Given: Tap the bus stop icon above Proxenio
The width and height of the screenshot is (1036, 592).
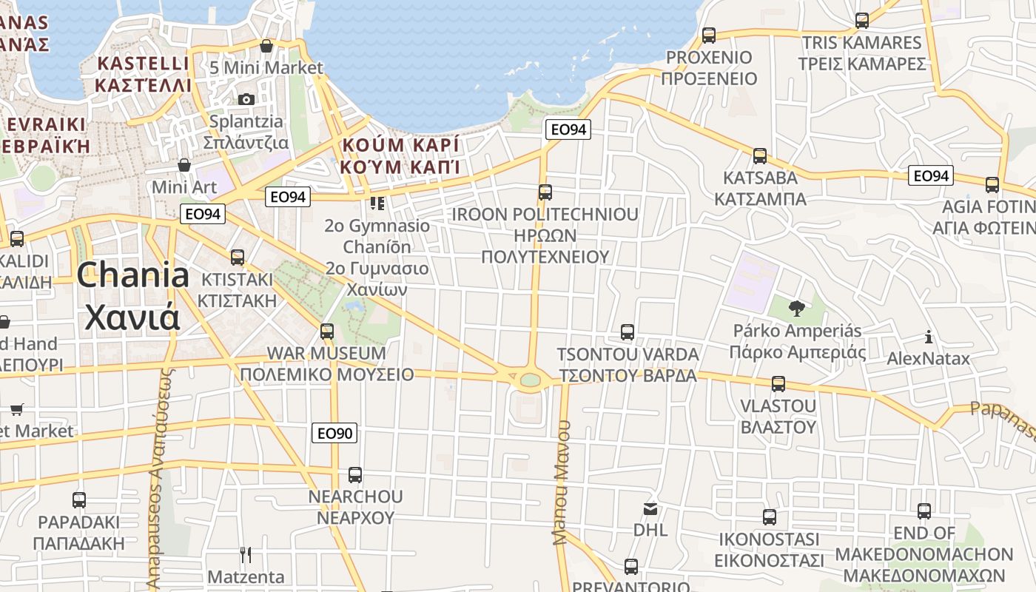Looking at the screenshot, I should tap(709, 35).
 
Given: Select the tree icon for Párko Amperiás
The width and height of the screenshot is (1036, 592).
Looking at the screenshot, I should tap(796, 308).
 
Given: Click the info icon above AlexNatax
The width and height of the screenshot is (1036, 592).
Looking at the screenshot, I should tap(929, 337).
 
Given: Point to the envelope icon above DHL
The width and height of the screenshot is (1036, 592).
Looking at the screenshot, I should tap(650, 508).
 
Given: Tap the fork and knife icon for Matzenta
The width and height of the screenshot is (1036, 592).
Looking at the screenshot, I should tap(246, 554).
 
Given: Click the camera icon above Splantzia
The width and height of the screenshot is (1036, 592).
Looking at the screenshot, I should tap(246, 99).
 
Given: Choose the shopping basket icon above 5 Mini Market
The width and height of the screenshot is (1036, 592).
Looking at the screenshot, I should tap(266, 46).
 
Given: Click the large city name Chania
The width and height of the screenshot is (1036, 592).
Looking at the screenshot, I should tap(133, 276).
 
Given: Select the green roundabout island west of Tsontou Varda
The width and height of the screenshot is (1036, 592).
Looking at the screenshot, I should tap(531, 380).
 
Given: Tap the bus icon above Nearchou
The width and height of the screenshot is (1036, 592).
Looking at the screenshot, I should tap(355, 474).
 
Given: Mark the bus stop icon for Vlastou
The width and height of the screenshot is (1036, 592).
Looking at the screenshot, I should tap(778, 384).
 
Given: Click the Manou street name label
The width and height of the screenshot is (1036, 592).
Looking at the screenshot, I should tap(562, 482).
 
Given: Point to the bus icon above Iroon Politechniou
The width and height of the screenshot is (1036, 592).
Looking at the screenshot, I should tap(545, 192).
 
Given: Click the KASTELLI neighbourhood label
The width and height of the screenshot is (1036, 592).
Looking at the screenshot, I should tap(144, 63).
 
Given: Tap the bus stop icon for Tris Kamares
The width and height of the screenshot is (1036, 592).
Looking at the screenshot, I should tap(862, 21).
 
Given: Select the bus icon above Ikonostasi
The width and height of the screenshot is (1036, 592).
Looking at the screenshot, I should tap(770, 517).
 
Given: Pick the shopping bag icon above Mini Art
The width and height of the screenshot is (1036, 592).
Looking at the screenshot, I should tap(184, 164).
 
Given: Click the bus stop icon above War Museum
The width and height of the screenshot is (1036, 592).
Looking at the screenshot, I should tap(327, 331).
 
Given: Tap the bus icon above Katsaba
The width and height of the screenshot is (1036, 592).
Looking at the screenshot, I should tap(760, 156).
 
